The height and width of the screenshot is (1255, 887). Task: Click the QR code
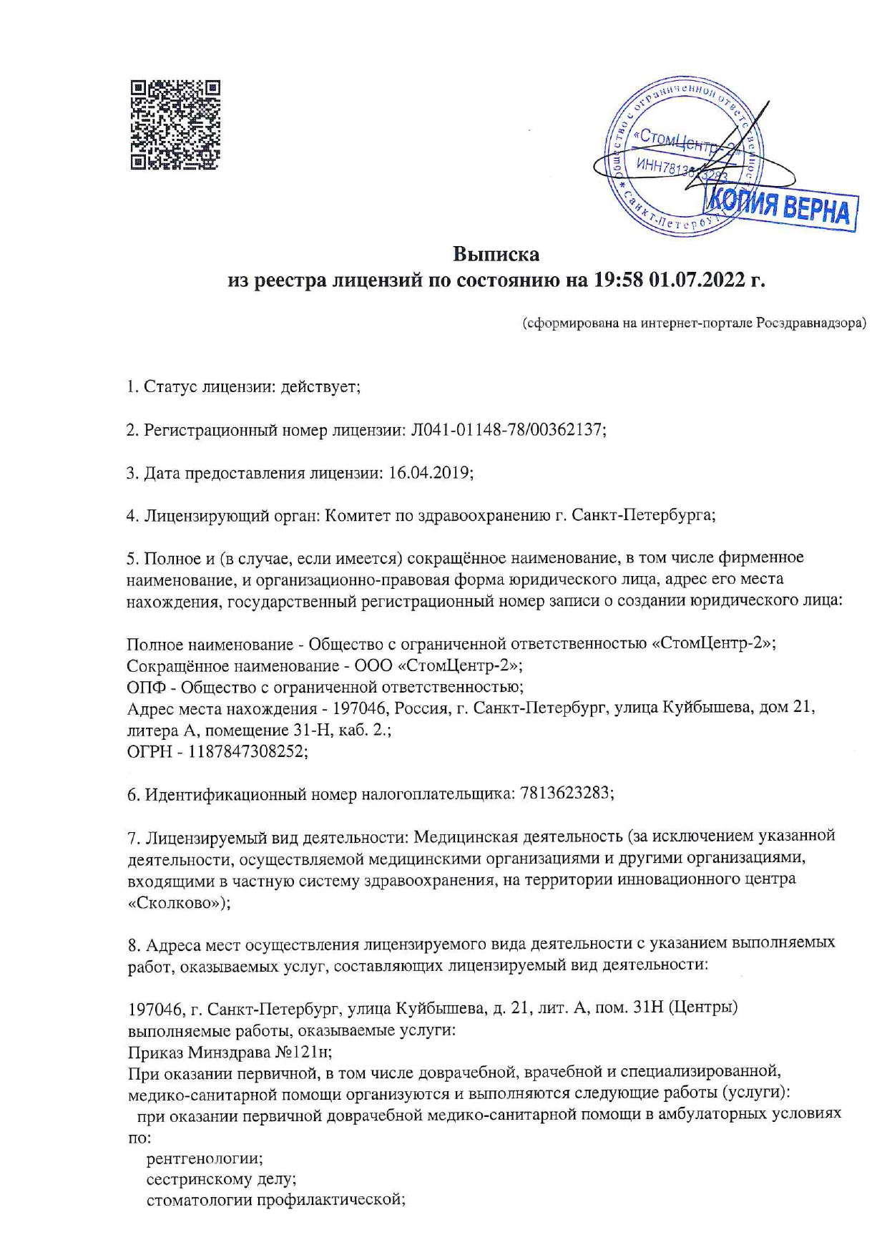[x=175, y=124]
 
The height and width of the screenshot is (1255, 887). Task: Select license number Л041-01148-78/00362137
[x=507, y=430]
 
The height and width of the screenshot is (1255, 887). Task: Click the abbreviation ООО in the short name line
[x=374, y=665]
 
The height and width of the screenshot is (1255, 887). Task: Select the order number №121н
[x=303, y=1053]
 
